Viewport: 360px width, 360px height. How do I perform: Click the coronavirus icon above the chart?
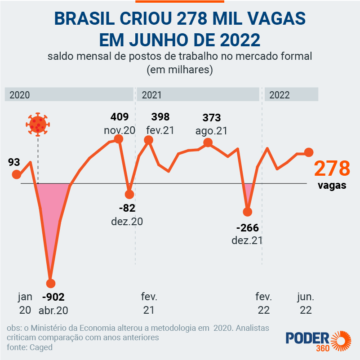(x=38, y=124)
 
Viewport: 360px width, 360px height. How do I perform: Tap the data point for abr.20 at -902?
(x=50, y=284)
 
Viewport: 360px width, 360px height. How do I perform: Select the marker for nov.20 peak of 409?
(x=119, y=139)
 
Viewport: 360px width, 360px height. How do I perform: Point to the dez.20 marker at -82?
(x=129, y=194)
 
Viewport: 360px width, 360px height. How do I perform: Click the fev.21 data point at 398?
(x=149, y=140)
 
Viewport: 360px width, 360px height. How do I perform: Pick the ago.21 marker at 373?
(x=208, y=143)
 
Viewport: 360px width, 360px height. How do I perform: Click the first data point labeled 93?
(x=17, y=175)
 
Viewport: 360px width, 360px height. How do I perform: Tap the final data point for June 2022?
(x=309, y=152)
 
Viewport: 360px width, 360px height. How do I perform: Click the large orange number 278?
(x=332, y=169)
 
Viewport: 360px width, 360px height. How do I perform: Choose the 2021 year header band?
(x=198, y=95)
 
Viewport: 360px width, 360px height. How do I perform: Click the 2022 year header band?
(x=291, y=95)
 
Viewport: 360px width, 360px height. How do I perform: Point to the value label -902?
(x=53, y=297)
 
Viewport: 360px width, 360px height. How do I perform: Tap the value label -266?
(x=247, y=228)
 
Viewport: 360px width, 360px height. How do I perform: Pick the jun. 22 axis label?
(x=306, y=303)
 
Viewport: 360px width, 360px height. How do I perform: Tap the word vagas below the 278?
(x=332, y=186)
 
